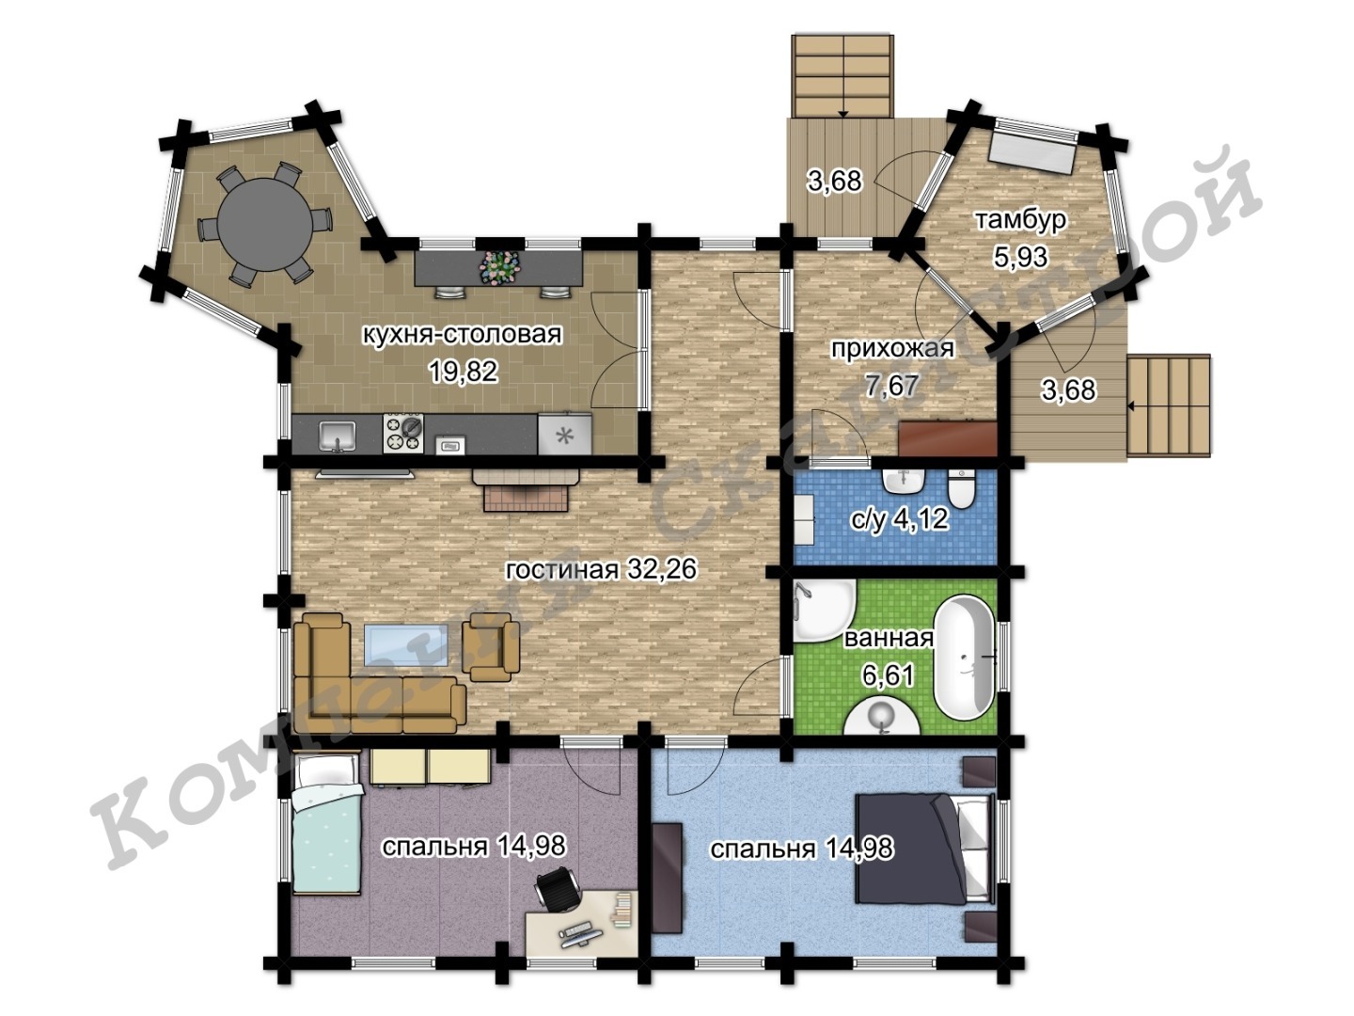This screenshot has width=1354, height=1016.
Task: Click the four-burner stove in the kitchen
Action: (403, 433)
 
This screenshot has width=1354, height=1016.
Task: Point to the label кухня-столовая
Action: (462, 334)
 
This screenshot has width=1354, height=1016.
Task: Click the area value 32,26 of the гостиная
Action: (661, 569)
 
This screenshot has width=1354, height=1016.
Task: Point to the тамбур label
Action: (1019, 220)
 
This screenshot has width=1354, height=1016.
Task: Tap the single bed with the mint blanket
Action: (325, 822)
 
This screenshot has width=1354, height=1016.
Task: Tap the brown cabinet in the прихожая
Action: (948, 438)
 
